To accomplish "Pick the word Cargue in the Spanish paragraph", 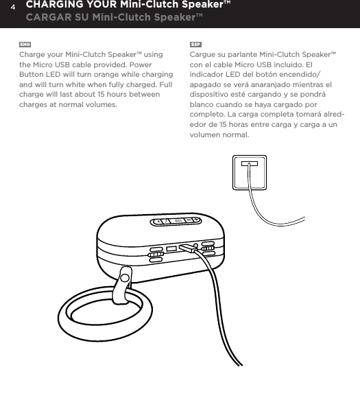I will coord(202,54).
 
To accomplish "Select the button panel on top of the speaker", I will coord(176,222).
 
